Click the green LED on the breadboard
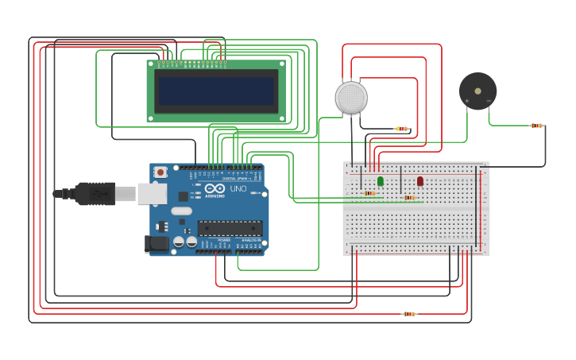pos(381,181)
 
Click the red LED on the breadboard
pos(420,181)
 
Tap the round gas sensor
pos(351,97)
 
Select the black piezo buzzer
pos(477,91)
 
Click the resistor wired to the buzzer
pos(537,125)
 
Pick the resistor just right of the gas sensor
pos(402,129)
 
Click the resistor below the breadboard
pos(409,314)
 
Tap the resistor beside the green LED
pos(369,193)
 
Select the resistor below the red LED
pos(409,198)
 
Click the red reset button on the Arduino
pos(160,172)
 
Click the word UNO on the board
pos(238,189)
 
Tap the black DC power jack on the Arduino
pos(157,244)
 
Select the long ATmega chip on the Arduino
pos(230,228)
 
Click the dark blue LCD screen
pos(216,91)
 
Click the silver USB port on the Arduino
pos(152,194)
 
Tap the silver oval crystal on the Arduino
pos(182,211)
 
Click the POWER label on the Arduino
pos(224,239)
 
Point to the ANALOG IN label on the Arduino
pos(250,239)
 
